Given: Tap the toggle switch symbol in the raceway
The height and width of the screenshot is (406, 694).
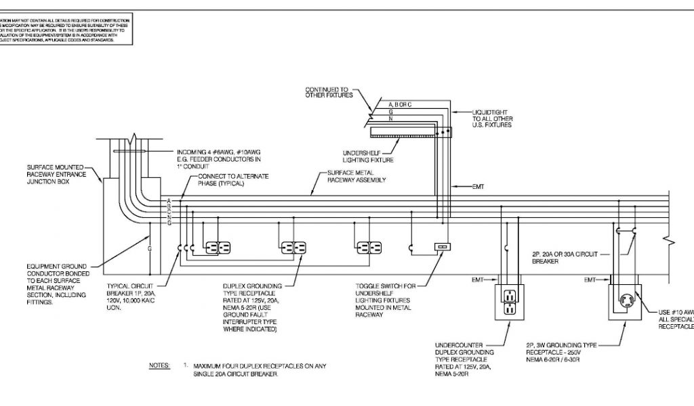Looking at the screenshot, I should tap(442, 247).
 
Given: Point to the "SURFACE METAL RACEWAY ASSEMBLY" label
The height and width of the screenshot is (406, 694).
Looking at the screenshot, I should tap(362, 177).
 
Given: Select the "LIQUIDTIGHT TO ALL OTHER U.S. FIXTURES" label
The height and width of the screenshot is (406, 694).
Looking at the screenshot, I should tap(492, 118).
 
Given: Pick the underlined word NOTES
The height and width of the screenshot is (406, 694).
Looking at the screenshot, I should tap(159, 366).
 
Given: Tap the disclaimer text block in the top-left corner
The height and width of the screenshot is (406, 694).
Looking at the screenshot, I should tap(64, 29).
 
